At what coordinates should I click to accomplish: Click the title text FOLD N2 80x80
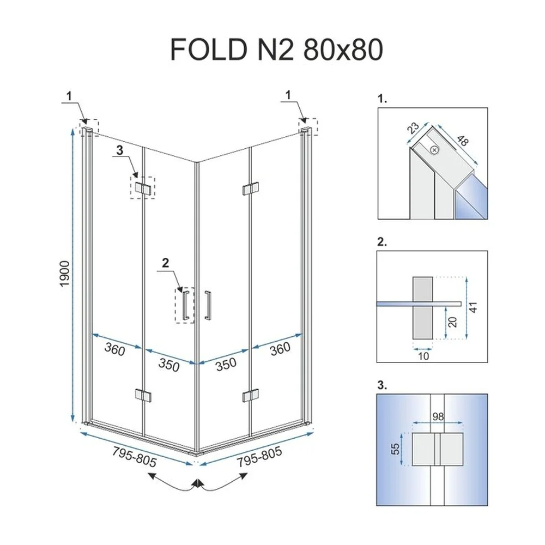coord(277,50)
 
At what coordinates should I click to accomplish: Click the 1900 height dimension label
coord(65,274)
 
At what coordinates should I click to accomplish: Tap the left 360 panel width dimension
coord(114,349)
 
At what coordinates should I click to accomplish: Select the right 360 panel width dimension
coord(280,349)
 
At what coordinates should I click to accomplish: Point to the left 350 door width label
coord(169,365)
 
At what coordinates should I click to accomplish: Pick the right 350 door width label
coord(226,364)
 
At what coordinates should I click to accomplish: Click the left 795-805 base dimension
coord(134,456)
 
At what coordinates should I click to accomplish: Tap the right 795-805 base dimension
coord(259,456)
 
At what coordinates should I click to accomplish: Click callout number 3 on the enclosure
coord(120,150)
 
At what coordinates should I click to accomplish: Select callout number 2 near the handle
coord(166,263)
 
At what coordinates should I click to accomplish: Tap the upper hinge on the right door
coord(250,189)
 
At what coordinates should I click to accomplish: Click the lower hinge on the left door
coord(143,396)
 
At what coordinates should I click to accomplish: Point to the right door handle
coord(208,305)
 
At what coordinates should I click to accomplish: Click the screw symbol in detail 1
coord(434,150)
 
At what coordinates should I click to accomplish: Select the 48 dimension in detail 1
coord(463,141)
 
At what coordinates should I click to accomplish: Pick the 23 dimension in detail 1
coord(413,128)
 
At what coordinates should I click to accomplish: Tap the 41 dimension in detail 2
coord(473,307)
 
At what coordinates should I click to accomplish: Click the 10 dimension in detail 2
coord(423,356)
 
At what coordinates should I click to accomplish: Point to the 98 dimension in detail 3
coord(438,416)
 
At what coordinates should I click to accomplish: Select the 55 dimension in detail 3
coord(396,449)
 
